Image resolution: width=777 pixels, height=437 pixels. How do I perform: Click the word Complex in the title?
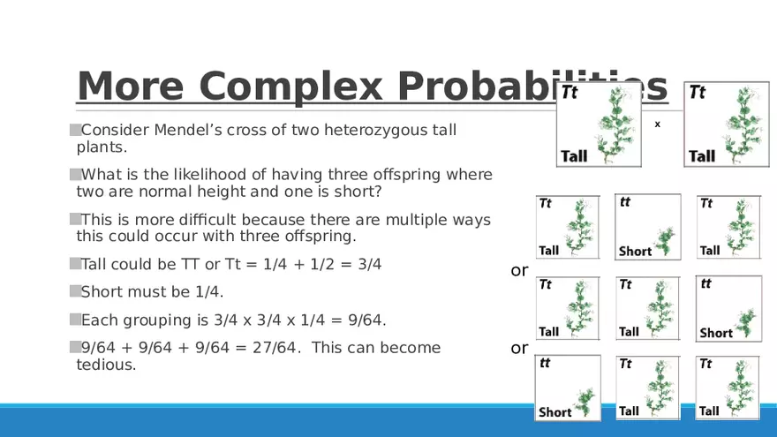290,87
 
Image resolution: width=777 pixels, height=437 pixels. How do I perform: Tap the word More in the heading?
131,87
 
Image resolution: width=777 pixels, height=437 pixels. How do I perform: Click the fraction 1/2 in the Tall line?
322,264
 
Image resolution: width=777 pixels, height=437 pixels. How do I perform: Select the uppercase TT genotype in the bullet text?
191,264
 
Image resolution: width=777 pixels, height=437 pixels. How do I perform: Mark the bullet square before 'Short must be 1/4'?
75,290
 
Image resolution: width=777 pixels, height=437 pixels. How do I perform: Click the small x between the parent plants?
658,124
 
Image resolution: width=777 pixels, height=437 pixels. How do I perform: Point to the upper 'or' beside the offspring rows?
519,270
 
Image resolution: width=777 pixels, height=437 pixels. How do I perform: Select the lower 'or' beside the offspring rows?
519,348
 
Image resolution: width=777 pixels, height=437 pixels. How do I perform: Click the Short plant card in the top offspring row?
648,227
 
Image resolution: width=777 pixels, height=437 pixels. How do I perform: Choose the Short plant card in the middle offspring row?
728,309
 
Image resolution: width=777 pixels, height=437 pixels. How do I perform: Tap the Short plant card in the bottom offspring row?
568,388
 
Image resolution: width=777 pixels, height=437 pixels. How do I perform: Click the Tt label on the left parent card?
570,92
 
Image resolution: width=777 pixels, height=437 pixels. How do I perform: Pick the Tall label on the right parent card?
702,156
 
